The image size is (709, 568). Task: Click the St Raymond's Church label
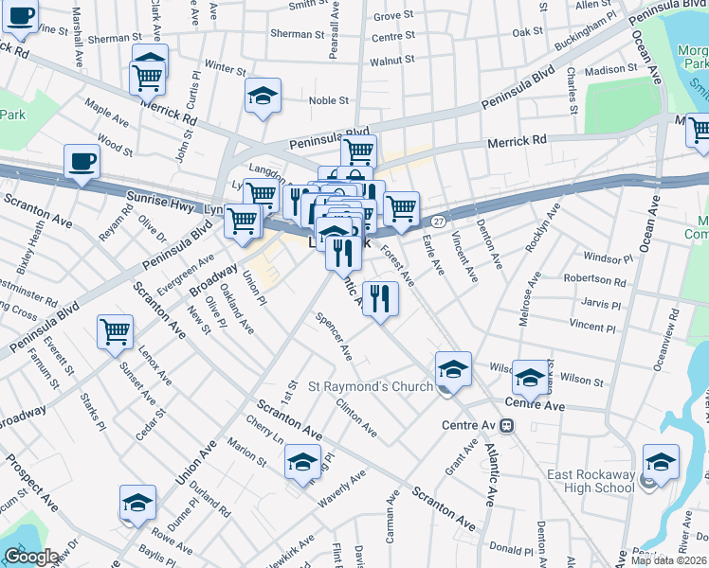[371, 386]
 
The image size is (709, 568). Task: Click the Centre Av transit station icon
[507, 425]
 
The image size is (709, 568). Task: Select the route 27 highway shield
[438, 220]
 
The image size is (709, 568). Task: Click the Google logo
[31, 557]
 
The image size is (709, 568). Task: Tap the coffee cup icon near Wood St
[82, 161]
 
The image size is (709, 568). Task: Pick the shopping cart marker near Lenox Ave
[115, 331]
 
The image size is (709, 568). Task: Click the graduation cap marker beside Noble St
[263, 96]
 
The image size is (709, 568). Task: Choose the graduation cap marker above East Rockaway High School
[661, 461]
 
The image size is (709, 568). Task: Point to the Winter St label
[226, 69]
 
